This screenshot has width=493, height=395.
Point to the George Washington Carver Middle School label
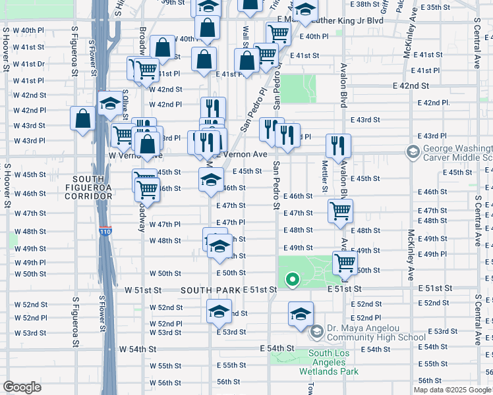pyautogui.click(x=455, y=153)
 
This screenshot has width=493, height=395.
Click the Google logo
pyautogui.click(x=22, y=387)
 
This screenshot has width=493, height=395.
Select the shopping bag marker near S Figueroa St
pyautogui.click(x=83, y=119)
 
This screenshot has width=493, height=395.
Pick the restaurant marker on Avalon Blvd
pyautogui.click(x=338, y=145)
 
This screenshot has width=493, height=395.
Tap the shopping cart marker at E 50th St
pyautogui.click(x=345, y=263)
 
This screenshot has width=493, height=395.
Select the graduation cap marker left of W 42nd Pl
pyautogui.click(x=110, y=103)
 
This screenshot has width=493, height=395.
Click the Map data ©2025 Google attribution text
pyautogui.click(x=451, y=390)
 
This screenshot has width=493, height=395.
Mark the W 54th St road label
pyautogui.click(x=137, y=348)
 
